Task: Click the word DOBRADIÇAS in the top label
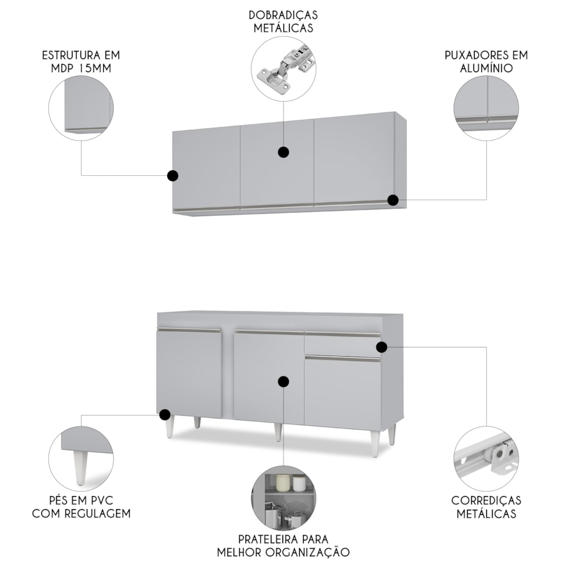(x=283, y=15)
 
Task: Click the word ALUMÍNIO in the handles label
(x=486, y=68)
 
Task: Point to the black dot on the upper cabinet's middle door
(x=283, y=152)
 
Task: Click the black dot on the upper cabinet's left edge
(x=173, y=176)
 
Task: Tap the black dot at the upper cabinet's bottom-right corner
(x=393, y=200)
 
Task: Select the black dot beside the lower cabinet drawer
(x=382, y=347)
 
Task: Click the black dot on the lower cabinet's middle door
(x=283, y=382)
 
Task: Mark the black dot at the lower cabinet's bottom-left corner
(x=165, y=414)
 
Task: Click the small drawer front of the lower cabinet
(x=342, y=344)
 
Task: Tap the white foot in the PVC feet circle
(x=80, y=467)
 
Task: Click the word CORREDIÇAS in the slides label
(x=486, y=501)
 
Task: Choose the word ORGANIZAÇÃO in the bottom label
(x=308, y=552)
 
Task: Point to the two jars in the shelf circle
(x=290, y=483)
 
